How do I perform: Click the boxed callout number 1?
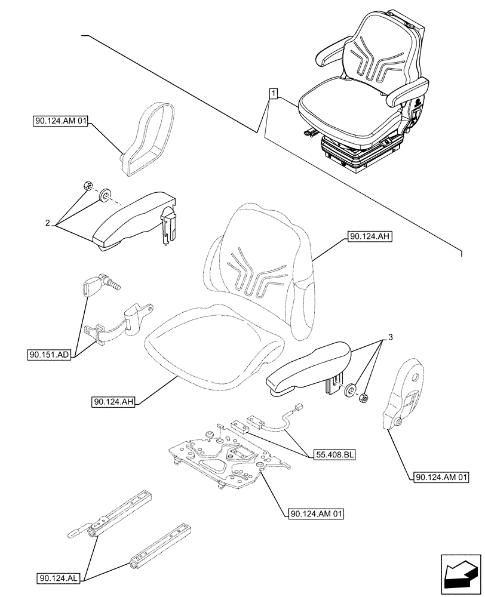point(272,94)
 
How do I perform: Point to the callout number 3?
point(390,338)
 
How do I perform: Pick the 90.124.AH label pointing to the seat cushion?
point(113,402)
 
